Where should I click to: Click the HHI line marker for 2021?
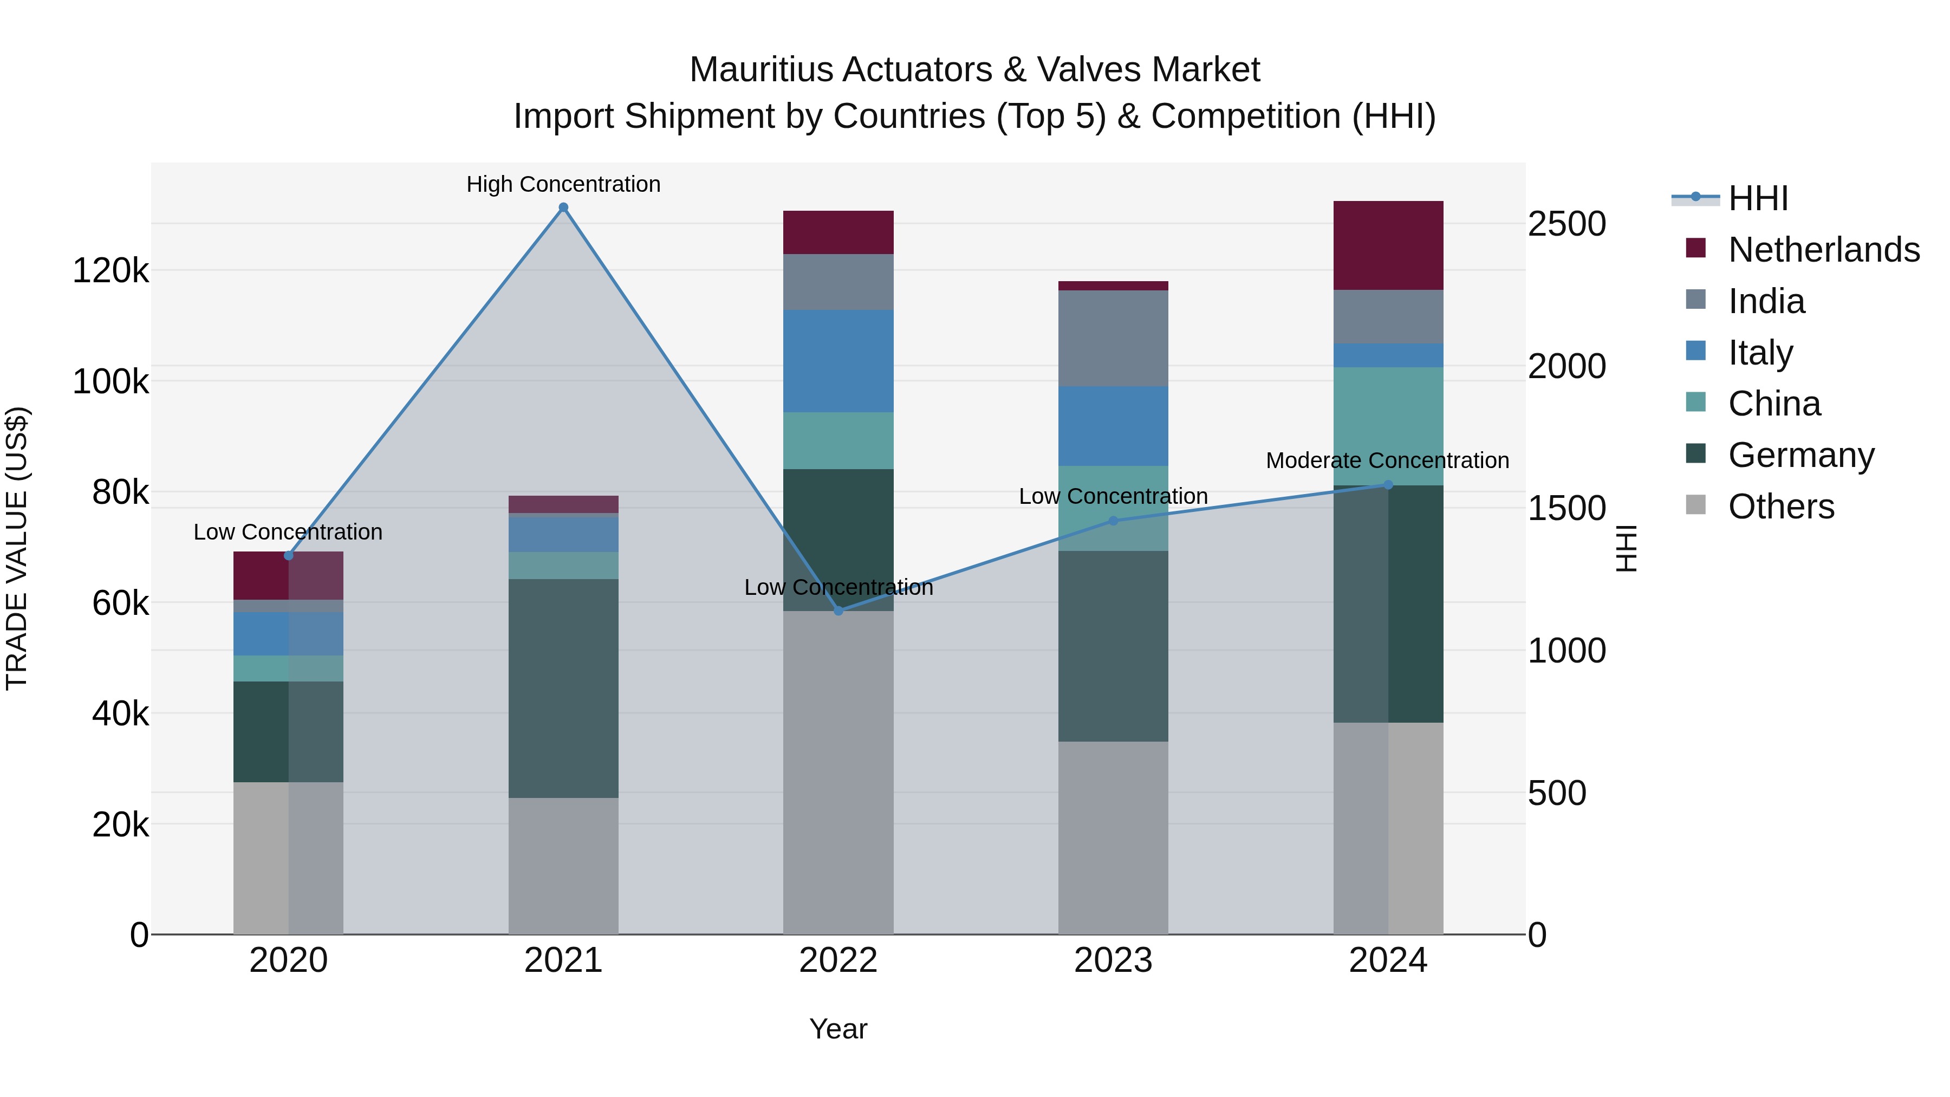(x=563, y=207)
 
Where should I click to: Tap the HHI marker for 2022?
(x=838, y=611)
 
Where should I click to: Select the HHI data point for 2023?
(x=1113, y=521)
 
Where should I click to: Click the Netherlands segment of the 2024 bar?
(x=1388, y=245)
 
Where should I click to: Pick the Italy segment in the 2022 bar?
(x=838, y=361)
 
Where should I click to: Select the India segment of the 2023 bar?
(x=1113, y=339)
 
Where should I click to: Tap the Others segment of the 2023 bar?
(x=1113, y=838)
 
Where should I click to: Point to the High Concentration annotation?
(x=563, y=184)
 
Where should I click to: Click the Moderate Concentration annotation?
(x=1387, y=460)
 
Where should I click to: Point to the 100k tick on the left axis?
(x=110, y=381)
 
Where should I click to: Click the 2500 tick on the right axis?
(x=1566, y=224)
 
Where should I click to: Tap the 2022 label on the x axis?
(x=838, y=960)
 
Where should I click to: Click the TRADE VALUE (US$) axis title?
(x=17, y=548)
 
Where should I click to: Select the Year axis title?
(x=838, y=1029)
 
